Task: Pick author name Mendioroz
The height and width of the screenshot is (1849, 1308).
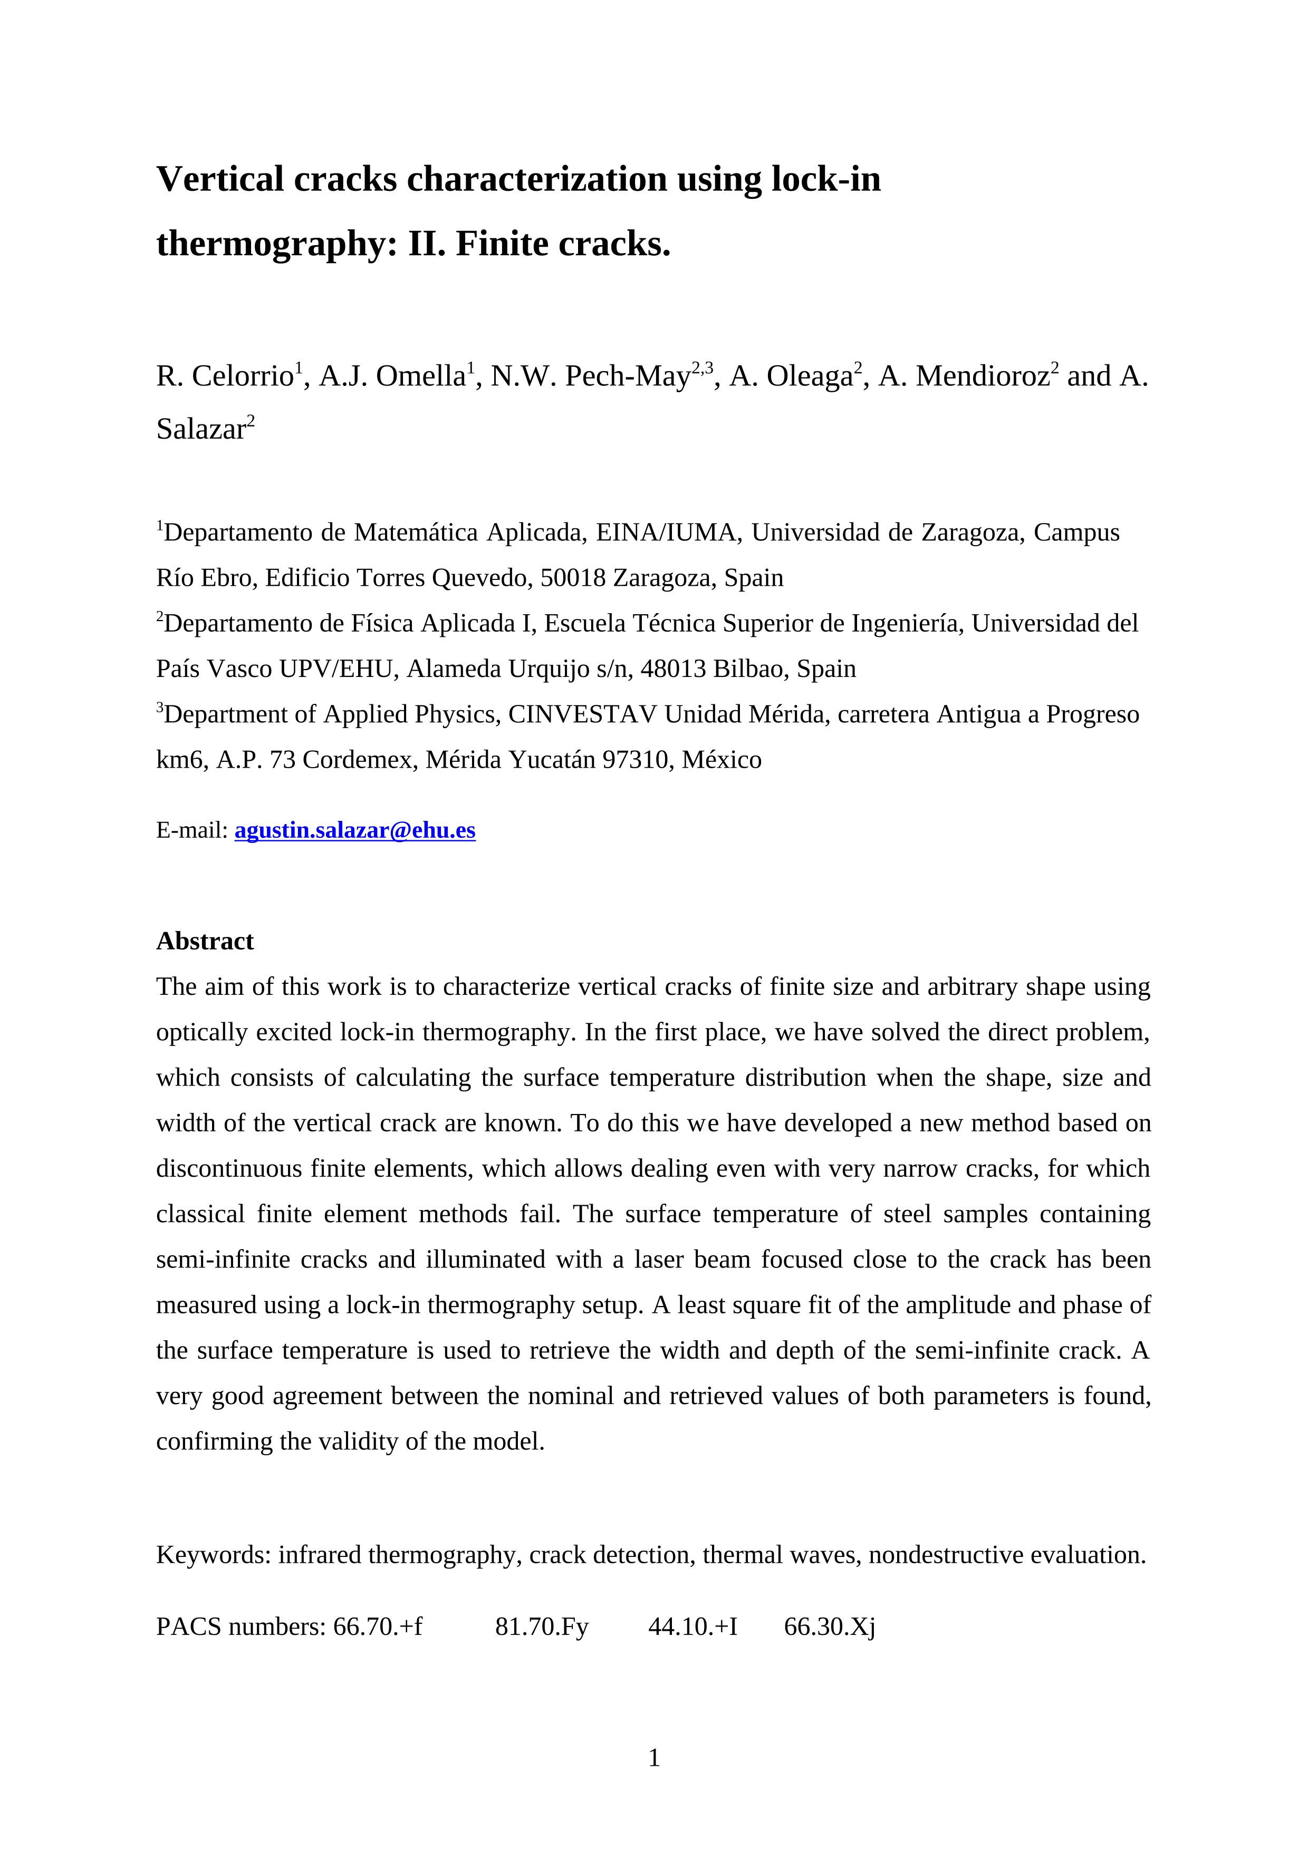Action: (982, 376)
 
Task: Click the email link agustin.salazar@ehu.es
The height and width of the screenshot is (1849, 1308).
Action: (354, 830)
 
